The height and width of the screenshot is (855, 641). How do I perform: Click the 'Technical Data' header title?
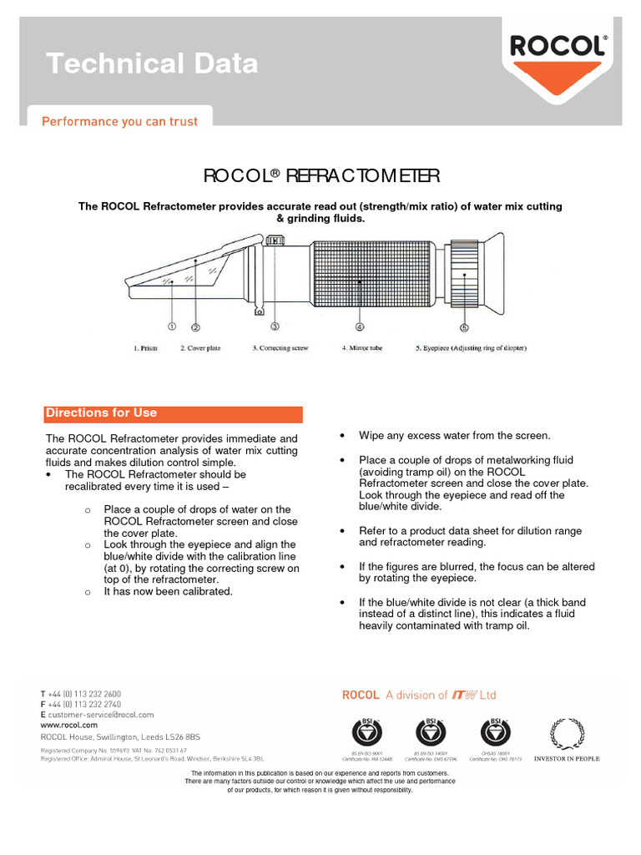click(x=151, y=63)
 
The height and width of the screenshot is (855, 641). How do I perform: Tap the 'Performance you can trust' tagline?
click(x=120, y=122)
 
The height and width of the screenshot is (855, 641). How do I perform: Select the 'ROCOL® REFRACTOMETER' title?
click(x=321, y=175)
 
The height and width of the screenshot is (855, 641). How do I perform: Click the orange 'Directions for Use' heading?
click(x=101, y=413)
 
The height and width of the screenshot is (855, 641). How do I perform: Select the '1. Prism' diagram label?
click(x=146, y=348)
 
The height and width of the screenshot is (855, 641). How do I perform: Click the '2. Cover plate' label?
click(x=201, y=348)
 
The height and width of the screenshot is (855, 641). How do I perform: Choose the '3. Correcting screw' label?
click(x=280, y=348)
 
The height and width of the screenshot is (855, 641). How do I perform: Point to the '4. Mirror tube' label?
click(x=361, y=348)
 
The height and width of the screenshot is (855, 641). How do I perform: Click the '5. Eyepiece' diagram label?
click(x=471, y=348)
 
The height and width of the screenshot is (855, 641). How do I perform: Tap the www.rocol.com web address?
click(x=69, y=726)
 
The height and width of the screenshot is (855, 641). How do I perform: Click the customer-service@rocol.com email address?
click(x=101, y=715)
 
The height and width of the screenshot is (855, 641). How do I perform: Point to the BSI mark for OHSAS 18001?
click(x=496, y=733)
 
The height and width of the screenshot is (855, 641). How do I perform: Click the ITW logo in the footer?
click(x=463, y=695)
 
